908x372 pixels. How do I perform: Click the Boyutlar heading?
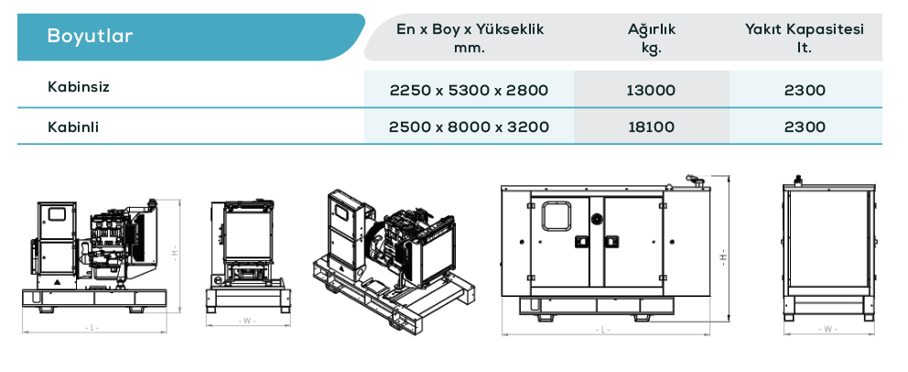(x=90, y=36)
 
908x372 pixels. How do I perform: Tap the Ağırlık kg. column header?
(x=652, y=38)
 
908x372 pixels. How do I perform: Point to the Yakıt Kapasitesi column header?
(x=805, y=29)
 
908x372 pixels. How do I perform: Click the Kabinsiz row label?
(x=79, y=87)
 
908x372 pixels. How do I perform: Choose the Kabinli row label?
(x=73, y=127)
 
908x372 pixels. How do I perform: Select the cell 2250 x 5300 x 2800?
(x=469, y=91)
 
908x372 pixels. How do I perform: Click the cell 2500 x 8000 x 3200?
(x=469, y=126)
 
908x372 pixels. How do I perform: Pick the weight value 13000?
(x=651, y=91)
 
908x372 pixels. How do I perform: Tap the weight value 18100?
(x=652, y=126)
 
